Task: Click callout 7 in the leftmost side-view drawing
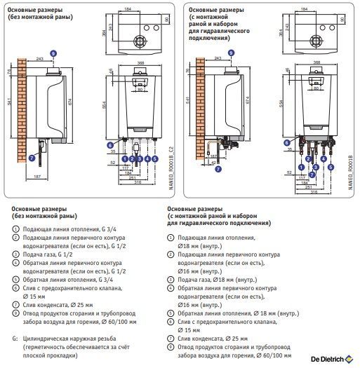click(31, 158)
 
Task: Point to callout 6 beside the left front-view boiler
click(111, 146)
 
